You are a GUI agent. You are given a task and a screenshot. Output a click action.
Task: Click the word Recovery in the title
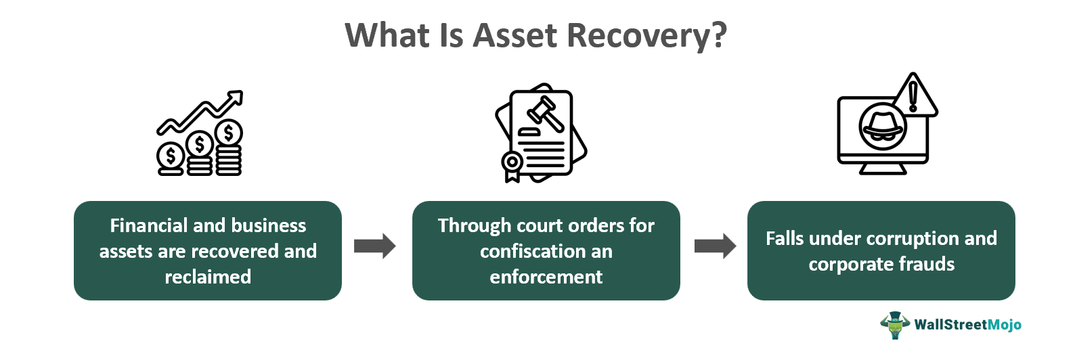[646, 35]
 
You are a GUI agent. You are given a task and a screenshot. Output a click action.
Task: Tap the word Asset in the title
[516, 35]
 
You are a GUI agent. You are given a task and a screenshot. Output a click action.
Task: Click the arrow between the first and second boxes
[374, 246]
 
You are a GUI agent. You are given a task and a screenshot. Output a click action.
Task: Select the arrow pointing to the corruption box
[715, 246]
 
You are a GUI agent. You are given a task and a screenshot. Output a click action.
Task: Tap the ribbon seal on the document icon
[512, 164]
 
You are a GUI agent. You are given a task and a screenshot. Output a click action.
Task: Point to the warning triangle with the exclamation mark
[913, 97]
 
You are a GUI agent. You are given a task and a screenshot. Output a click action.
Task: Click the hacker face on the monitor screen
[881, 127]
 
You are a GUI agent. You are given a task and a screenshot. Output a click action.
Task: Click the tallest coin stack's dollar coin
[229, 133]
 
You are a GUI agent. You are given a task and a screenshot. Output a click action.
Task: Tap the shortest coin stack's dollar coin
[170, 156]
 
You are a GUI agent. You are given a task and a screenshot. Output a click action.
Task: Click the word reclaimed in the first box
[208, 277]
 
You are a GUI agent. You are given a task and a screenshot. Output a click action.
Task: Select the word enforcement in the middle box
[546, 277]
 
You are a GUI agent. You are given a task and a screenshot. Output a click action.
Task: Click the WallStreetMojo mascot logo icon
[895, 325]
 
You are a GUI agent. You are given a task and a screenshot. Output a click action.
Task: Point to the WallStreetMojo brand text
[967, 325]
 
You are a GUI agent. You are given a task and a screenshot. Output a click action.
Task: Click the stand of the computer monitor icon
[882, 169]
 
